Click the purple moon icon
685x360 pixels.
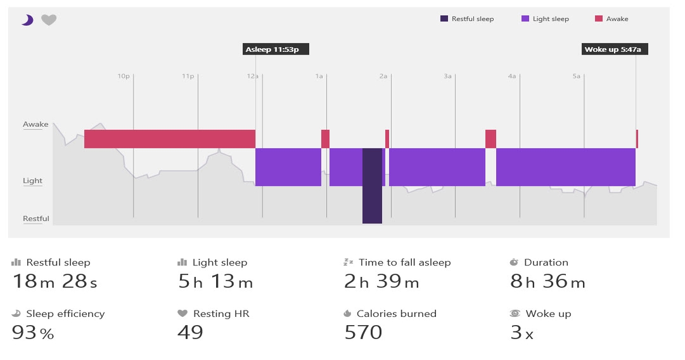pos(27,20)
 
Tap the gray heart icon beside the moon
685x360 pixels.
pos(49,20)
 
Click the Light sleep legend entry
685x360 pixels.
pos(545,19)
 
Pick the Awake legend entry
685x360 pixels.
pos(611,19)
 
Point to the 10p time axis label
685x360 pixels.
pos(123,76)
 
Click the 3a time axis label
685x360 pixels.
pos(447,76)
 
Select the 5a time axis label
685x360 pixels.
pos(576,76)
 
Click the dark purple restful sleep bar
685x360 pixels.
pos(372,186)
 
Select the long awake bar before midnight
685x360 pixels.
pos(169,139)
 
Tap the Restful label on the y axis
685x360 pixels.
pos(36,219)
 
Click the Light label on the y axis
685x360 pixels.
pos(33,181)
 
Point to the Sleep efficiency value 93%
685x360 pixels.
pos(33,332)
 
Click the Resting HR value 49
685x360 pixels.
pos(190,332)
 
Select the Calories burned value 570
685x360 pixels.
pos(363,332)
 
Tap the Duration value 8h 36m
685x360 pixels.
pos(547,281)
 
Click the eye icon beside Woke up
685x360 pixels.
pos(515,314)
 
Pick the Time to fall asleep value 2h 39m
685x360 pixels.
pos(381,281)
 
